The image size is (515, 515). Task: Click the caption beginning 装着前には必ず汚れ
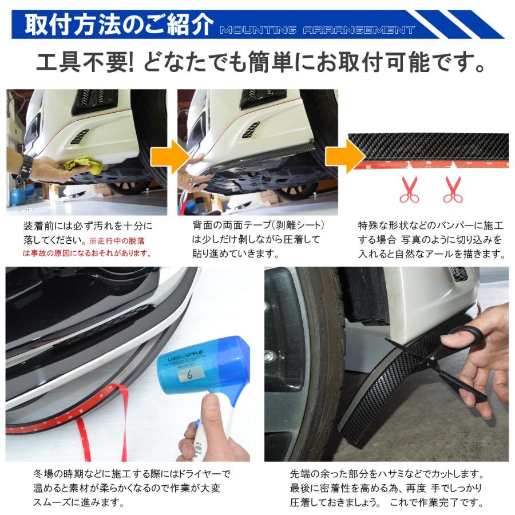(88, 226)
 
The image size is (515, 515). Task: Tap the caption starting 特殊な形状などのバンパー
(429, 239)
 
